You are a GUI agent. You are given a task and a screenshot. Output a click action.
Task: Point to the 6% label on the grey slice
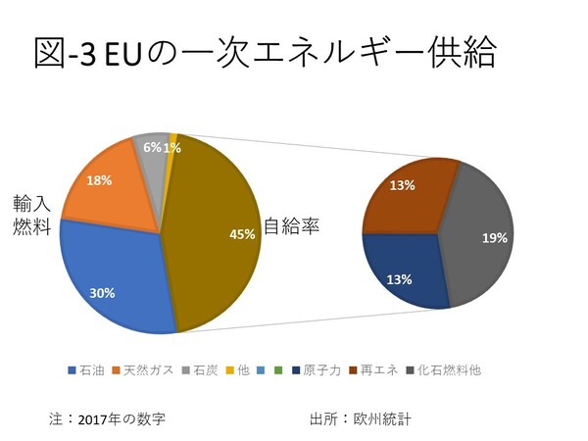(x=153, y=147)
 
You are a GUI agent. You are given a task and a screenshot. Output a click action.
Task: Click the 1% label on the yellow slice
(x=171, y=147)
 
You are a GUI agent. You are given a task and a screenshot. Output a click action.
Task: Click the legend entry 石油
(x=91, y=370)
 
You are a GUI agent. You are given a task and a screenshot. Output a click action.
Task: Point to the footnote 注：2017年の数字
(x=107, y=418)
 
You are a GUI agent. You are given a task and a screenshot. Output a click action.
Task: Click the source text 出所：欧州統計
(x=360, y=418)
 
